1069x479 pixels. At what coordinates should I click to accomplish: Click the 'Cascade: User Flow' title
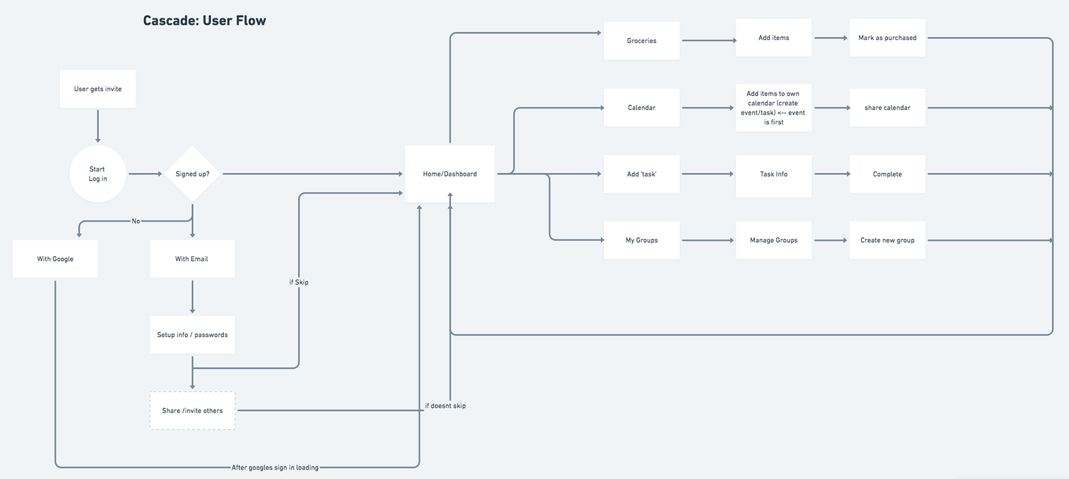coord(204,21)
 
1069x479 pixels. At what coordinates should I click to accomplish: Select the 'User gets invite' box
coord(98,89)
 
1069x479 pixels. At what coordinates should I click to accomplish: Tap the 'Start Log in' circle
coord(98,174)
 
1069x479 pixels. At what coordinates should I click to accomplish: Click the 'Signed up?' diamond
coord(193,174)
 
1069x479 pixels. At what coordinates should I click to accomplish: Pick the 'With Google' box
coord(55,258)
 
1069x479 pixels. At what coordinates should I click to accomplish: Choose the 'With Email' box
coord(192,258)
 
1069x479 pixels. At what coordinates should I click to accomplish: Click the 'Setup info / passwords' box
coord(192,335)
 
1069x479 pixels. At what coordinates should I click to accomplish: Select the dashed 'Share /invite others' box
coord(192,410)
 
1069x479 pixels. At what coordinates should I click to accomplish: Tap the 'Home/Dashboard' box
coord(450,174)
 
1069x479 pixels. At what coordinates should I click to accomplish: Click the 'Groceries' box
coord(642,41)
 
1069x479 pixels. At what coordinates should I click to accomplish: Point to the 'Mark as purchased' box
coord(887,38)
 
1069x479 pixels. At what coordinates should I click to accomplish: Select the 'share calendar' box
coord(887,107)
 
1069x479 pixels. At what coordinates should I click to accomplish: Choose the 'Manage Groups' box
coord(774,240)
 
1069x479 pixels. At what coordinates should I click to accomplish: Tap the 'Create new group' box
coord(887,240)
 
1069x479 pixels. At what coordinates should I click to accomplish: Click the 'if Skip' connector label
coord(299,282)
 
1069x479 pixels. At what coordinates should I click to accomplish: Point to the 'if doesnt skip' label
coord(445,406)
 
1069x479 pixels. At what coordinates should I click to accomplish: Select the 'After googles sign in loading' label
coord(275,468)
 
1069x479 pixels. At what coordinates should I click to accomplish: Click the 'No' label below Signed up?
coord(136,221)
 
